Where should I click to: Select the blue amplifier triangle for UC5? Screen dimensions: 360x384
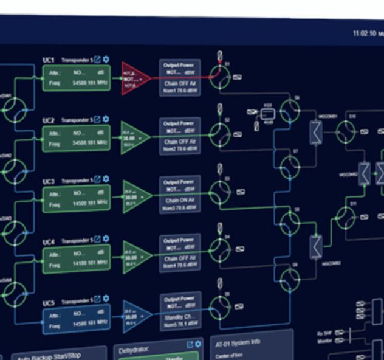(134, 317)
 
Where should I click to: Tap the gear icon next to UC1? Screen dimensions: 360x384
(106, 60)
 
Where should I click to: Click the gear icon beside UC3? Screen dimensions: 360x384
(106, 180)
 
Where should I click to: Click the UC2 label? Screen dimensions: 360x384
(49, 120)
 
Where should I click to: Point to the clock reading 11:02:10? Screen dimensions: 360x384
(365, 33)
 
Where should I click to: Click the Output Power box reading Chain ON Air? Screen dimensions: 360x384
(180, 195)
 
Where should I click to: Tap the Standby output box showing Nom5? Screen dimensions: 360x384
(180, 313)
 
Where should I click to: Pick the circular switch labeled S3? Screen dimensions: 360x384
(218, 193)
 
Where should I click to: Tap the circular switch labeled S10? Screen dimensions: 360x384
(348, 129)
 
